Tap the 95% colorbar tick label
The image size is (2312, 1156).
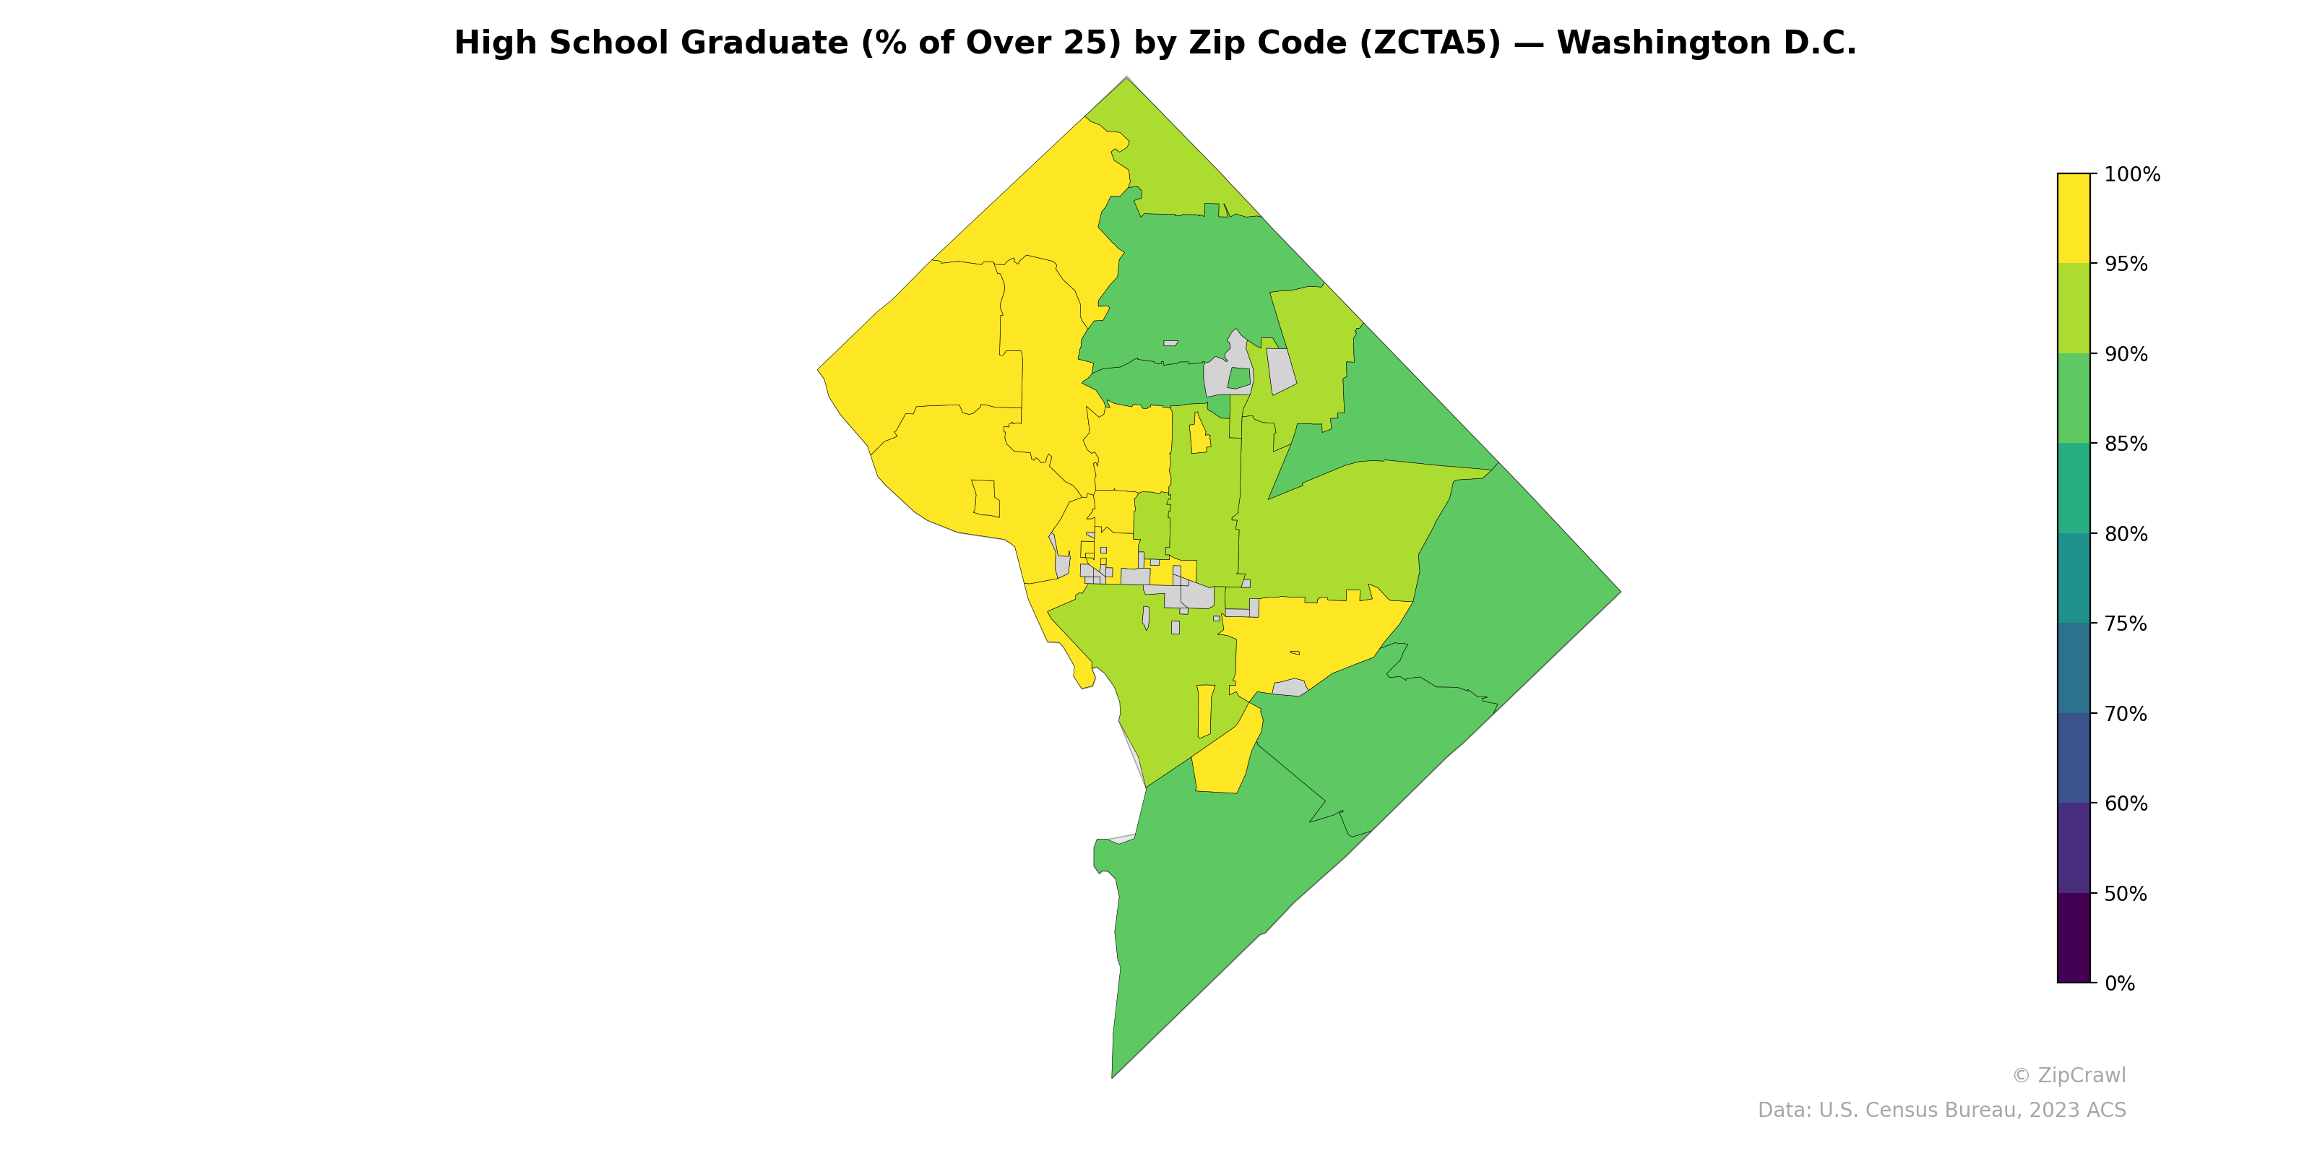tap(2126, 264)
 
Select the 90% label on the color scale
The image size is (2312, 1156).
tap(2126, 355)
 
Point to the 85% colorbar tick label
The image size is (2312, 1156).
tap(2126, 444)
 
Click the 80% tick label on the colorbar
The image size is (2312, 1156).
tap(2126, 534)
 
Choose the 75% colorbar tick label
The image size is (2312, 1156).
tap(2126, 624)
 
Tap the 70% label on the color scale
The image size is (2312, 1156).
tap(2126, 715)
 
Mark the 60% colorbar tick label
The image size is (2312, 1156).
tap(2126, 803)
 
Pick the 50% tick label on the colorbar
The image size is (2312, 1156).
tap(2126, 894)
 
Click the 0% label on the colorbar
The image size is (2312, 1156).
tap(2120, 983)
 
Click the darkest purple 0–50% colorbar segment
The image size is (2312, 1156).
tap(2074, 938)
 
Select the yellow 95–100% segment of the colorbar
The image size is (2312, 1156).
tap(2074, 218)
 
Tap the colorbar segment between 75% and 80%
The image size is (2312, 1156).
tap(2074, 578)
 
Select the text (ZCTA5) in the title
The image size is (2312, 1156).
tap(1430, 43)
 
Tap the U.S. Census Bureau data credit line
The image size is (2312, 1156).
tap(1941, 1110)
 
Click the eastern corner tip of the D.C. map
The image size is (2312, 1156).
tap(1620, 592)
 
